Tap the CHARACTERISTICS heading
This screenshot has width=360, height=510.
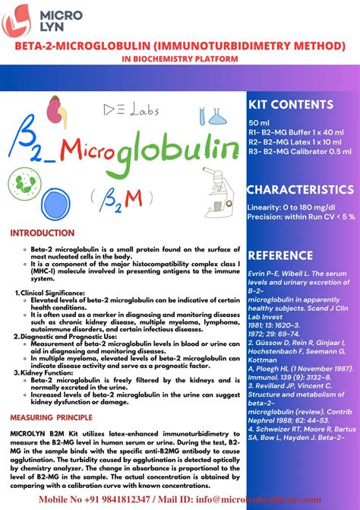(300, 189)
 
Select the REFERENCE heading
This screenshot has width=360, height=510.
(280, 255)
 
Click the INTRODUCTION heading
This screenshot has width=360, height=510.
(42, 233)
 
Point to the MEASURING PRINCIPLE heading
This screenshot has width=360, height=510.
(51, 417)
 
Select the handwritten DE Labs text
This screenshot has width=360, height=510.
(134, 110)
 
